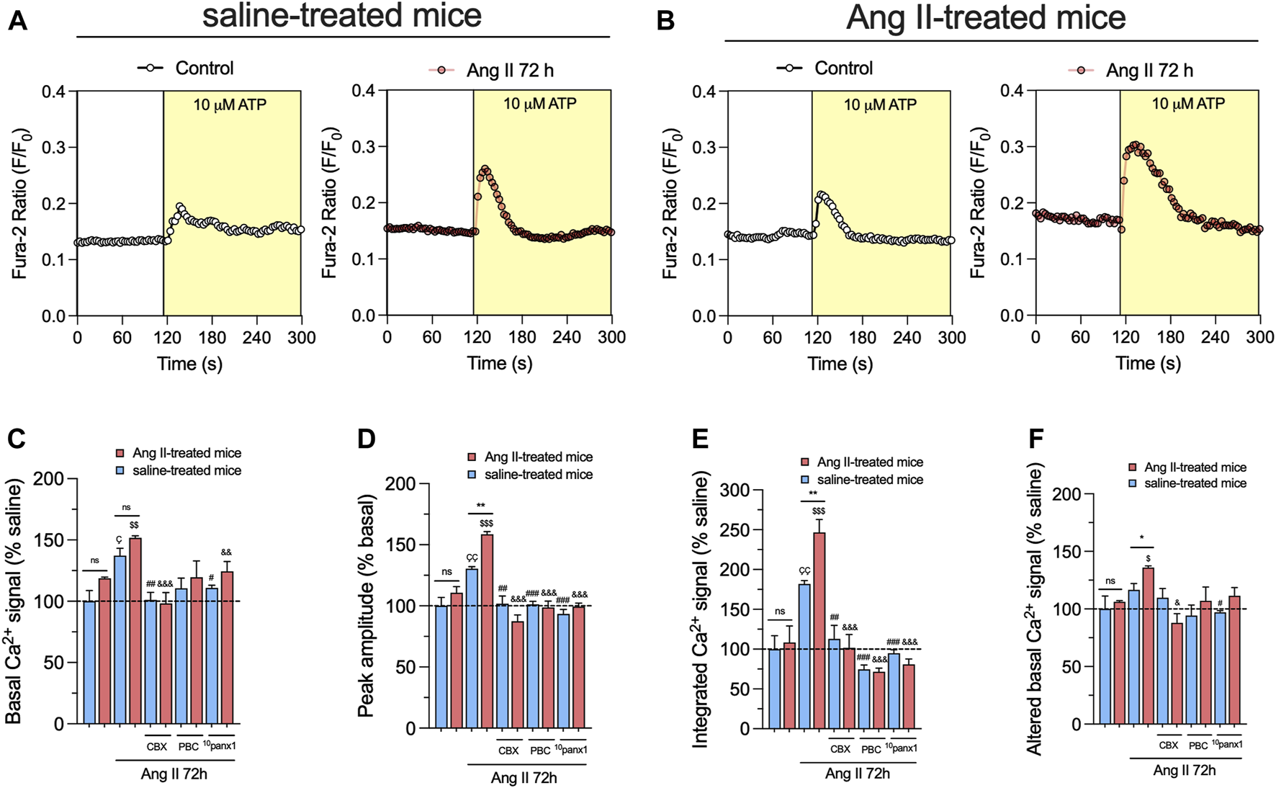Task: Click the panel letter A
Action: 17,20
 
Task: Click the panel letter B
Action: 665,20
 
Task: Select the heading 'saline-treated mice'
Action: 341,16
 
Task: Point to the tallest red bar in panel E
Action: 819,630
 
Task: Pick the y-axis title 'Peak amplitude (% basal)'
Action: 366,605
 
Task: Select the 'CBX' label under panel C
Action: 157,747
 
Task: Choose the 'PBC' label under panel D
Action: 540,751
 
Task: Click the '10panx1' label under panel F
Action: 1227,745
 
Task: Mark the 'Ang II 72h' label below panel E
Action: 857,774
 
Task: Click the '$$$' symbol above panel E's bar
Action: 819,511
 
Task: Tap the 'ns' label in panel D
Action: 447,572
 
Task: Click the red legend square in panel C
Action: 120,453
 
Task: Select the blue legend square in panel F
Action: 1133,484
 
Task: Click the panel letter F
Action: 1035,438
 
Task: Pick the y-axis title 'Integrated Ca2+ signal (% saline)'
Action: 700,609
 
